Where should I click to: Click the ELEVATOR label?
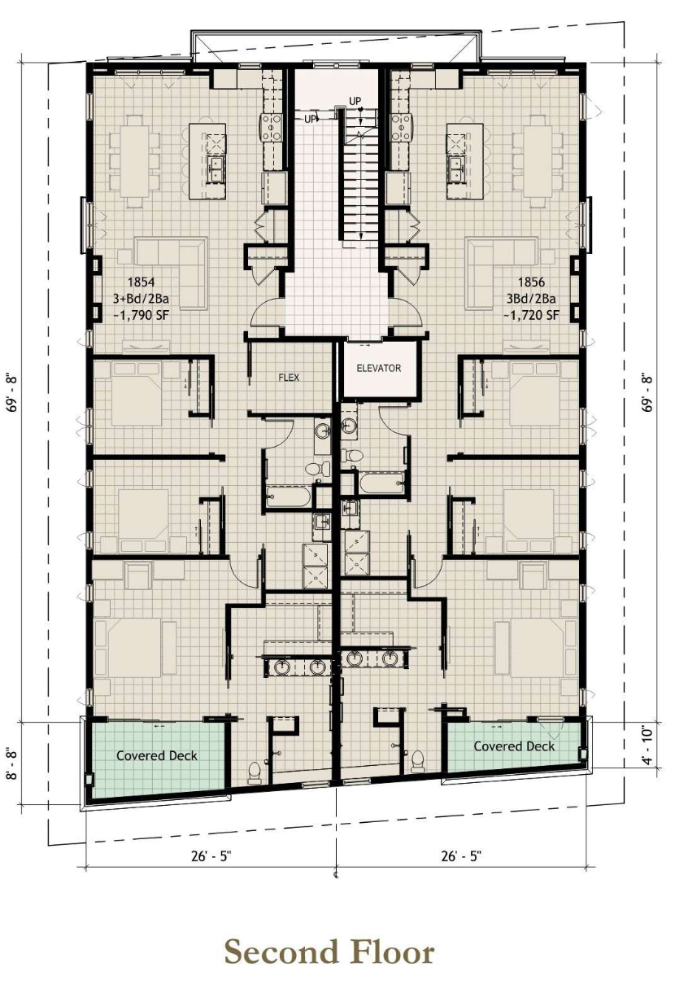click(x=379, y=368)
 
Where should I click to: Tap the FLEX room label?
click(x=289, y=377)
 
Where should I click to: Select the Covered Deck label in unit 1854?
click(x=157, y=755)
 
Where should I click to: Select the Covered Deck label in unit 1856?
click(x=514, y=746)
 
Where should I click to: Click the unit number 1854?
click(x=142, y=282)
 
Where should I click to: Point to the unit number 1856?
click(x=532, y=282)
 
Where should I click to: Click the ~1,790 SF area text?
click(x=142, y=316)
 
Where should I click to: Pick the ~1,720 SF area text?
click(x=532, y=315)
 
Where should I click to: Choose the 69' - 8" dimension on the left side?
click(x=13, y=393)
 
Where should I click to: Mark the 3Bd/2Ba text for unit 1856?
click(x=532, y=299)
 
